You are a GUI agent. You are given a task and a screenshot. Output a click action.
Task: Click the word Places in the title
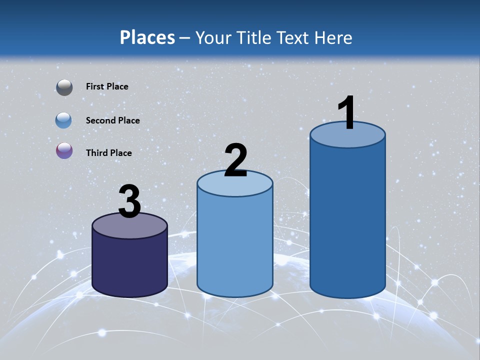tap(147, 37)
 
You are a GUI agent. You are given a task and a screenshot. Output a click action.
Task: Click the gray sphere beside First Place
tap(64, 87)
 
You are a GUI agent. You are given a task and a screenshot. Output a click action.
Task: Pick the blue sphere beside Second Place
tap(64, 120)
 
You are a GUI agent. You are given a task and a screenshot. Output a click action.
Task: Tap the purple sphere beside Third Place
tap(64, 151)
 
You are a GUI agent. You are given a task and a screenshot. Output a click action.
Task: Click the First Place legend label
tap(107, 86)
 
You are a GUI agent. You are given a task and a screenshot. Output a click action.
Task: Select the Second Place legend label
tap(112, 120)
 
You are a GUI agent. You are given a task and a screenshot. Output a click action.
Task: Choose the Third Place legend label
tap(108, 153)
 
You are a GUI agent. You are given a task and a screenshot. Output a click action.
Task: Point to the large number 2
tap(235, 160)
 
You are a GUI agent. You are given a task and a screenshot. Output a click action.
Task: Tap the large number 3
tap(129, 202)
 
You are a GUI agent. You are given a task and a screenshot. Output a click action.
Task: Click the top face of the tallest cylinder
tap(347, 137)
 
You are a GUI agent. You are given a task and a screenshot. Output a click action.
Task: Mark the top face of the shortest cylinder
tap(129, 227)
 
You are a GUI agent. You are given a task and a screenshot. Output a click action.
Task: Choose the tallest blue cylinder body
tap(347, 220)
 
